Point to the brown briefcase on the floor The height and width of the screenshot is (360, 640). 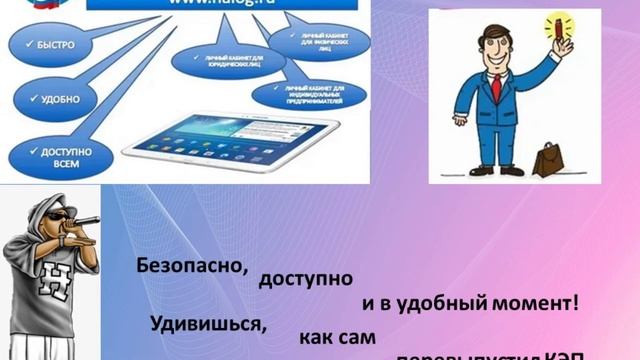click(549, 158)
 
